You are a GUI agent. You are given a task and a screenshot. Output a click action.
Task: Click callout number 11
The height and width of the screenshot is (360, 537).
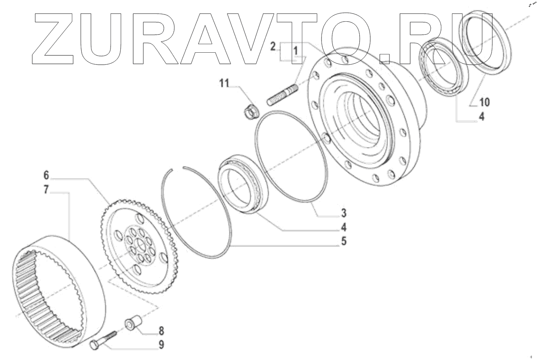click(223, 83)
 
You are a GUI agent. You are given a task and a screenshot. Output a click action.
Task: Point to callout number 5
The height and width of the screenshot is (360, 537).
click(343, 241)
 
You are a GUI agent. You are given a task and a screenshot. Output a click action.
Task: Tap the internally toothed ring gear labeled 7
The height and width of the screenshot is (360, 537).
click(60, 289)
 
